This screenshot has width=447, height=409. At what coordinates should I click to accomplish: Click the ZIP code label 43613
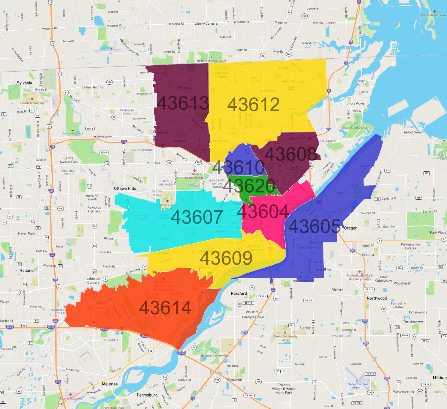point(183,103)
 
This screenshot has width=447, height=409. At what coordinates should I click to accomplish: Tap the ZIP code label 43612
point(253,105)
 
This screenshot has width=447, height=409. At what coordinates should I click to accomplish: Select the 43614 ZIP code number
point(165,307)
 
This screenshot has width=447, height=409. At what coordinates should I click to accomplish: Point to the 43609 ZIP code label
point(226,258)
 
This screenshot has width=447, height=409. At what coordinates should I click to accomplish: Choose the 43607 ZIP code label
point(197,217)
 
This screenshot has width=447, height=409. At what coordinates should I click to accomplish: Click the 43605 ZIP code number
point(314,227)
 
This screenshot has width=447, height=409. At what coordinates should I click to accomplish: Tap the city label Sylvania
point(24,83)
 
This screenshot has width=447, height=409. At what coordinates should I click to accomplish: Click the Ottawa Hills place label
point(125,188)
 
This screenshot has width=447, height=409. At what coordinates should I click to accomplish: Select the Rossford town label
point(239,293)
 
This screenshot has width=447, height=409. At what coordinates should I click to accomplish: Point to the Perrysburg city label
point(147,395)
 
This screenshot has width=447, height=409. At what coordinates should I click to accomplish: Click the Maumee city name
point(110,384)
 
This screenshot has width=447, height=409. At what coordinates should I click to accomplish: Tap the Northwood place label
point(377,298)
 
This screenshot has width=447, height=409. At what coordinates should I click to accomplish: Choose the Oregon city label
point(351,228)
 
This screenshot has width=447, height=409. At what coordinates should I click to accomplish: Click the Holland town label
point(26,270)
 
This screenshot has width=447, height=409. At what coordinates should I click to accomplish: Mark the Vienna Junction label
point(325,23)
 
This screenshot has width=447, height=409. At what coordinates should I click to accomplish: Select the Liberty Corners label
point(206,23)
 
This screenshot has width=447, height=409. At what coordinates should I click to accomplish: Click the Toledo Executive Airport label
point(357,386)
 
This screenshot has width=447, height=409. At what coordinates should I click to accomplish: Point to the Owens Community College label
point(285,338)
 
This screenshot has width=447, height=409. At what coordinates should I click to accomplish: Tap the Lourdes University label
point(32,103)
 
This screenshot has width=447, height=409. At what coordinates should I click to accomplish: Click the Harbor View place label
point(412,132)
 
